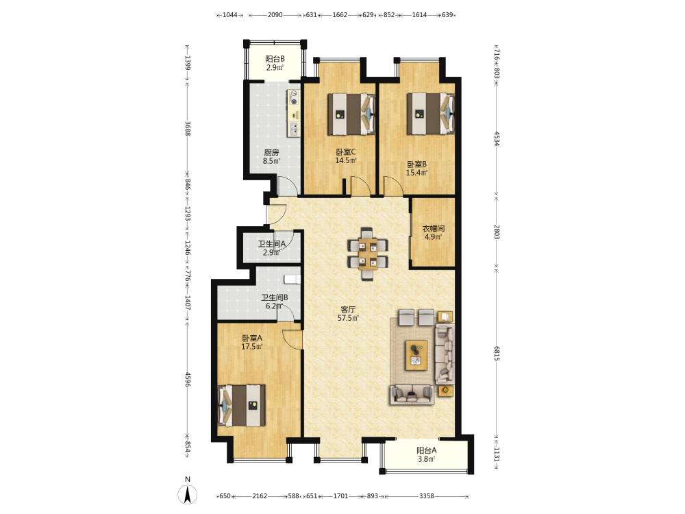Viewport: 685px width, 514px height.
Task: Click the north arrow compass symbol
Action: coord(188,495)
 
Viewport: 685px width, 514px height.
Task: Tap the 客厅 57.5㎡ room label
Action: coord(348,314)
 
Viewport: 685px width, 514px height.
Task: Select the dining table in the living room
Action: coord(367,254)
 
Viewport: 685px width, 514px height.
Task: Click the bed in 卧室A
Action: coord(242,405)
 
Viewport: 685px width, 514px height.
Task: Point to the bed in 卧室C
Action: coord(351,114)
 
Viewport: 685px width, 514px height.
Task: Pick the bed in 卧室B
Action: coord(431,114)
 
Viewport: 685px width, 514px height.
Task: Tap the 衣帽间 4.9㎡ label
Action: coord(434,232)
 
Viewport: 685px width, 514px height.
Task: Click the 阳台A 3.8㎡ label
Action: coord(426,454)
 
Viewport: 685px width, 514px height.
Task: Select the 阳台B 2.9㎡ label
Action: coord(275,63)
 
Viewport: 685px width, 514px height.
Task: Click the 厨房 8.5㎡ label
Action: coord(271,156)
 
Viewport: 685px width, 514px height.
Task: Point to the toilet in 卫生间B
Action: coord(292,280)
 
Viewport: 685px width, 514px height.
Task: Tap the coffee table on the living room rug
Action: coord(416,355)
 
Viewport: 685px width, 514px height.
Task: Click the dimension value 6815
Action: coord(497,353)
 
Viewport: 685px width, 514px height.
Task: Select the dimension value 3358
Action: coord(426,495)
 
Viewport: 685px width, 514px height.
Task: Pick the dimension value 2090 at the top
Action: coord(275,15)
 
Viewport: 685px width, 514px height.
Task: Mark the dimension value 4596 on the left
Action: coord(188,380)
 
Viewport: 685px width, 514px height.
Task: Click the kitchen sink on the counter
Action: coord(294,129)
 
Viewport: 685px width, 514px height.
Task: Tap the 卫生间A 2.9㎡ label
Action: coord(271,248)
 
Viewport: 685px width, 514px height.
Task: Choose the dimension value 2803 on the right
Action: coord(497,232)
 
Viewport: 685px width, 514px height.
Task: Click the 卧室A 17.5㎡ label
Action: coord(252,342)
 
